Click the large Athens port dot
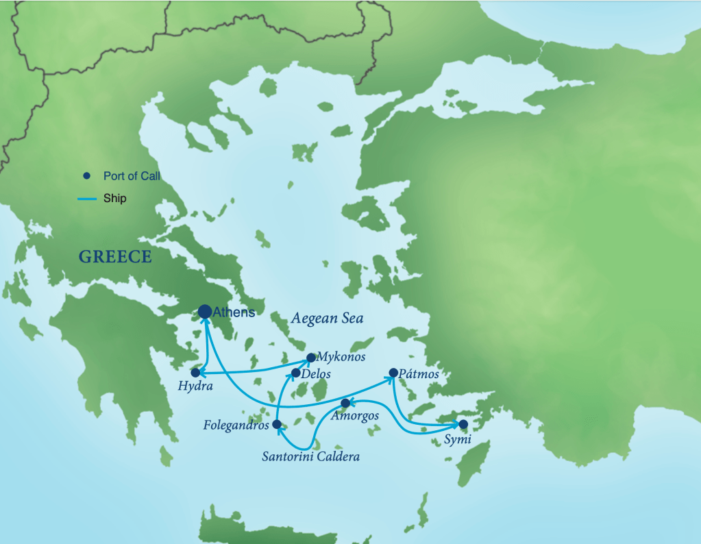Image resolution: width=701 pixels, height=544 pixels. (205, 312)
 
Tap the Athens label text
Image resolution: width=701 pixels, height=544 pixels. (234, 312)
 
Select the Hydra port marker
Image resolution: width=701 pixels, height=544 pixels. (195, 373)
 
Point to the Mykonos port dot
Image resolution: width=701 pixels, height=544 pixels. (310, 357)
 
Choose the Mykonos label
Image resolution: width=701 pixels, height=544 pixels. (341, 357)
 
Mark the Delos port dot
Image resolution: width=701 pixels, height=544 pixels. (295, 373)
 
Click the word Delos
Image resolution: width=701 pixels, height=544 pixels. (317, 374)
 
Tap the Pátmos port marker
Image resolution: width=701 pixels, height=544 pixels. (393, 373)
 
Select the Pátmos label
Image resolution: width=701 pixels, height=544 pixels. (419, 375)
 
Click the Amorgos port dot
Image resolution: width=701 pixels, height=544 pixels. (345, 403)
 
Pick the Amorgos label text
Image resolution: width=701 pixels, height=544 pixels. (354, 416)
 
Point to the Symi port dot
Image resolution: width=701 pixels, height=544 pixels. (463, 424)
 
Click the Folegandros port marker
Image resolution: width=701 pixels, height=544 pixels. (276, 425)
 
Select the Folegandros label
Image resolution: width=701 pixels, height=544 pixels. (236, 425)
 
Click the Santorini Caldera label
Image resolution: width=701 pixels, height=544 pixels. (310, 456)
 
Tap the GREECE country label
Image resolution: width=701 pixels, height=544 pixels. (115, 257)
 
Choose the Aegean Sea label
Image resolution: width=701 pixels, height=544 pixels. (327, 319)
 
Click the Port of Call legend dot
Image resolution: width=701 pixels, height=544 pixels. (86, 176)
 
